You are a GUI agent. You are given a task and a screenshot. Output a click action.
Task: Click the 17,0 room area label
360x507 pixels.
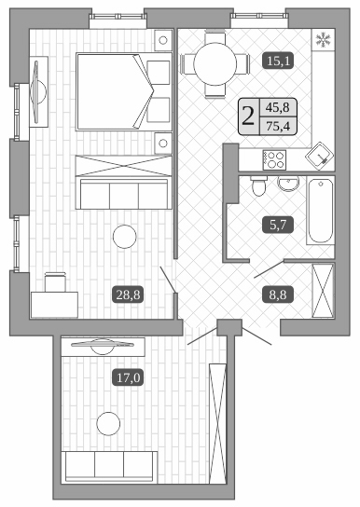[x=127, y=377]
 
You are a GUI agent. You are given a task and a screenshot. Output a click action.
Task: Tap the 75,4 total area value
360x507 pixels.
[x=277, y=127]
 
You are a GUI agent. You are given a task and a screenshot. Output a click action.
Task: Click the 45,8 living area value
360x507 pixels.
[x=277, y=107]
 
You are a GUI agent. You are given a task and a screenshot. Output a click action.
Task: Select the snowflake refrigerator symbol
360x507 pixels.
[x=325, y=40]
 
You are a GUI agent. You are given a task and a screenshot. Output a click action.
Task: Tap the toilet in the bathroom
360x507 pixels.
[x=261, y=187]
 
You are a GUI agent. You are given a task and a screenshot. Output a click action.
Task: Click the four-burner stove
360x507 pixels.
[x=276, y=158]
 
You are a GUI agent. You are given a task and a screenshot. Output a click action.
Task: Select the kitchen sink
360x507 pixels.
[x=322, y=155]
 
